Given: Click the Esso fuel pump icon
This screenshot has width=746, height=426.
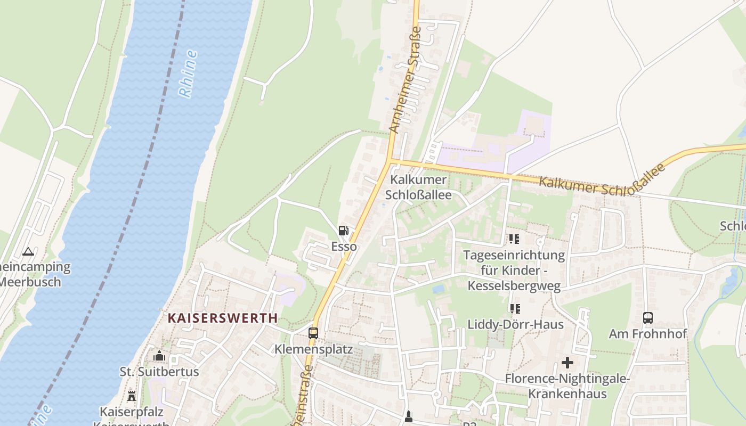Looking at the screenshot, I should [x=344, y=231].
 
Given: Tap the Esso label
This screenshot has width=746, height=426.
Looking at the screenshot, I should [x=344, y=247].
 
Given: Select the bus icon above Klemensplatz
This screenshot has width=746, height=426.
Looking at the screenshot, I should [x=313, y=333].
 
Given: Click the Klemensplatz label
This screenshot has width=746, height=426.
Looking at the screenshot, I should [x=313, y=349].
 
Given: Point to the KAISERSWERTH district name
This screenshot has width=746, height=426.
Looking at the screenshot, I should [x=223, y=318].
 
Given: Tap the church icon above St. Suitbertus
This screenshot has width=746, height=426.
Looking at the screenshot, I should [x=159, y=356].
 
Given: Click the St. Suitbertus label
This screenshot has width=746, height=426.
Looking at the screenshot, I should [x=159, y=372].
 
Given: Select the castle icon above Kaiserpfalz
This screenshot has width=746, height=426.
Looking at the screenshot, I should [x=132, y=396].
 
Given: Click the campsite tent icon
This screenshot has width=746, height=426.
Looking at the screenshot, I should [x=28, y=251].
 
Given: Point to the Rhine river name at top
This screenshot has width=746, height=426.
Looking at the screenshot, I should [x=188, y=73].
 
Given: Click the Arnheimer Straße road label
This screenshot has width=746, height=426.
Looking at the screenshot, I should [x=404, y=80].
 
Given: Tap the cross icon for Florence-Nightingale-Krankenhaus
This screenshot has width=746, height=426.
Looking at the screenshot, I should [x=567, y=363].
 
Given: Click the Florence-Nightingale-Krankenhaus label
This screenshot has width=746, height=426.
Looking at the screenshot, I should [x=567, y=386].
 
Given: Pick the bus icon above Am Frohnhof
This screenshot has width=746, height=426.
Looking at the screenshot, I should [x=648, y=318].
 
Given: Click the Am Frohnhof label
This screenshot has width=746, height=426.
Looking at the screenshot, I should [x=648, y=334].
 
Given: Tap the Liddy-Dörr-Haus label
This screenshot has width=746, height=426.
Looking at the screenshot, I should [x=515, y=324].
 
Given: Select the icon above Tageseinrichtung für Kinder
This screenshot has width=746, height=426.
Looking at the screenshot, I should [x=514, y=239].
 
